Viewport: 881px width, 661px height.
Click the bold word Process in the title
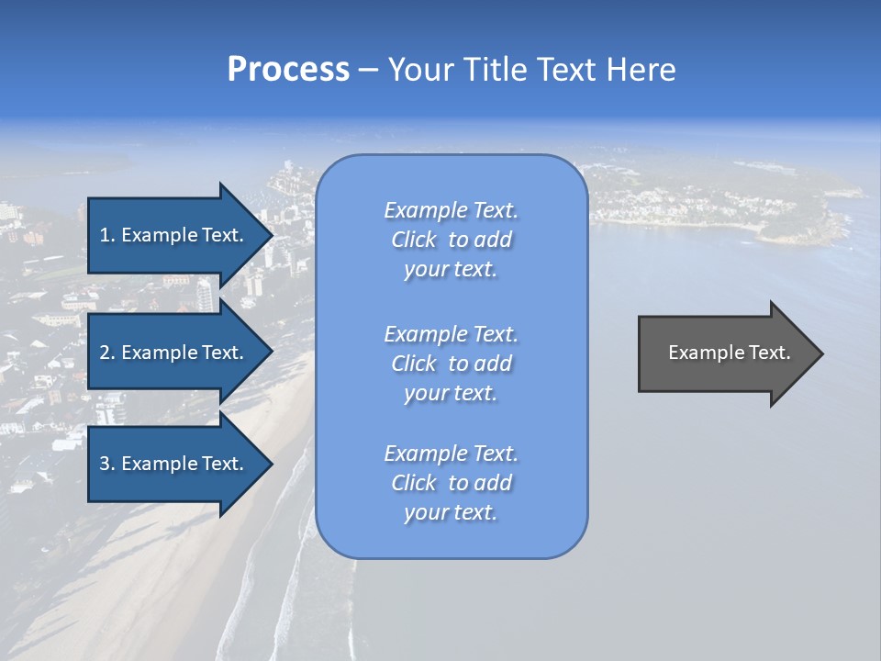tap(288, 70)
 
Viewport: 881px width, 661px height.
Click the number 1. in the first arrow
tap(107, 235)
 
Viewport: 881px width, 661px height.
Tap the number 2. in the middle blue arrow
tap(107, 353)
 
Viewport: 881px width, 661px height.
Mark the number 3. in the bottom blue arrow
tap(107, 464)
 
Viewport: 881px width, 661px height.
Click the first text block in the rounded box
tap(451, 240)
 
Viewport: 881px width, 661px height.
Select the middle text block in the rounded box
tap(451, 364)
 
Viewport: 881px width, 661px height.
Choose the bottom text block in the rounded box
tap(451, 483)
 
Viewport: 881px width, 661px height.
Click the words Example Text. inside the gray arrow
tap(729, 353)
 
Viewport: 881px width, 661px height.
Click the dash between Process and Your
tap(368, 70)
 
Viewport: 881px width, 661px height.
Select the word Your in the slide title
tap(421, 70)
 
